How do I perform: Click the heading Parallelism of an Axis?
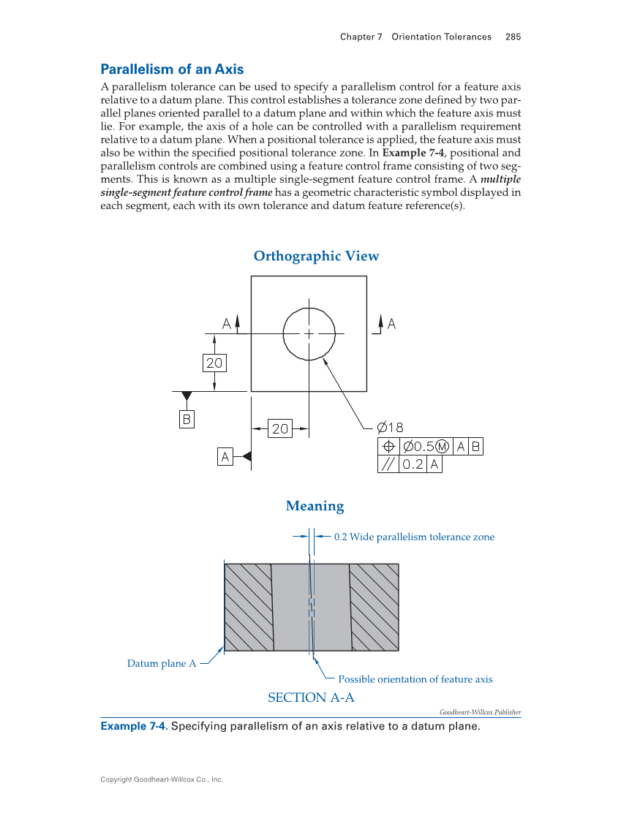point(172,69)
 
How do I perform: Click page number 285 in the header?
point(513,37)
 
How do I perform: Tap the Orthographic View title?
point(316,256)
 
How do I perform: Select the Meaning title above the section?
point(315,506)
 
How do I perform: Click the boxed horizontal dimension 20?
point(280,429)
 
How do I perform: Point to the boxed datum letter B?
point(187,420)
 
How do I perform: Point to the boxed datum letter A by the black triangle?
point(225,457)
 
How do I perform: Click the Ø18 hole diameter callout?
point(390,428)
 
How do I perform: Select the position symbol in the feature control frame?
point(388,447)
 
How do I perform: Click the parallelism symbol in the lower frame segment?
point(388,464)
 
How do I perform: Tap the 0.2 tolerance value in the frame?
point(413,464)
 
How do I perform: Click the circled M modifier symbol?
point(442,447)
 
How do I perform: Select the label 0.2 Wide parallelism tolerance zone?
point(414,537)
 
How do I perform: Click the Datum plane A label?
point(162,663)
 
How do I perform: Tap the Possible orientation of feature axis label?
point(415,679)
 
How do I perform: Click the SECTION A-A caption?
point(311,697)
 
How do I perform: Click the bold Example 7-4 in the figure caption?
point(133,726)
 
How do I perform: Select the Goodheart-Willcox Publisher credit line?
point(480,712)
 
